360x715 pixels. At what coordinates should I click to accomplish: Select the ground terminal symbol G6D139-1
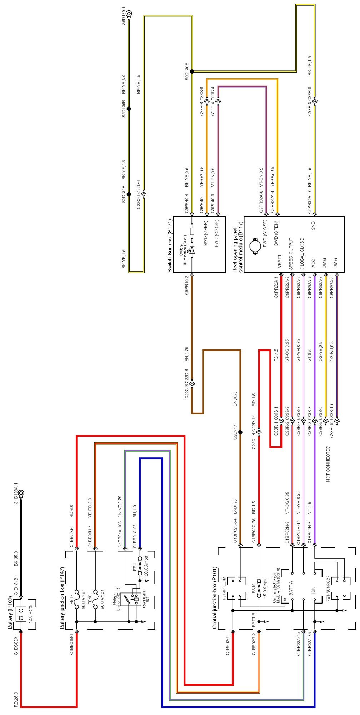tap(129, 14)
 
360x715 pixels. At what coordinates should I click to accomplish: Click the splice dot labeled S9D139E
tap(192, 71)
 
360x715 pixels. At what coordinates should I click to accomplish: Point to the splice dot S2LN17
tap(240, 432)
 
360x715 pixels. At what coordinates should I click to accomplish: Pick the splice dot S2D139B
tap(129, 109)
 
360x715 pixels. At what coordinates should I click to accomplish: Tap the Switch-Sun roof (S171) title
tap(170, 245)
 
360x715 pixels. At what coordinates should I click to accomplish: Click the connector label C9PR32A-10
tap(309, 200)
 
